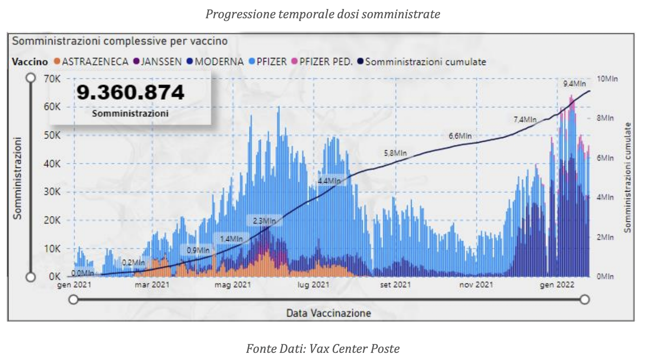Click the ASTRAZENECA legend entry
pos(91,61)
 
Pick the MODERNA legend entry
pos(215,61)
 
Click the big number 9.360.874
pos(130,93)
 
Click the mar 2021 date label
pos(151,285)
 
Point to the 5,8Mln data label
pos(396,153)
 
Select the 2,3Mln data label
pos(264,221)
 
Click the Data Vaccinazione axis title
pos(328,313)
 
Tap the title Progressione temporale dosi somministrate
pos(323,14)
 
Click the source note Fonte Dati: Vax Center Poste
pos(323,348)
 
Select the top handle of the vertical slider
pos(30,78)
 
